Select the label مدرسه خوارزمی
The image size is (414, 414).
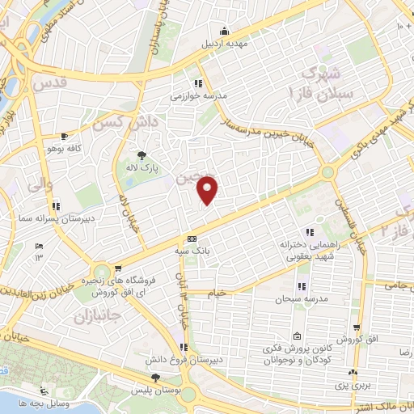199,95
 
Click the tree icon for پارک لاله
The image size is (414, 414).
143,155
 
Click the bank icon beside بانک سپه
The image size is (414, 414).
192,239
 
